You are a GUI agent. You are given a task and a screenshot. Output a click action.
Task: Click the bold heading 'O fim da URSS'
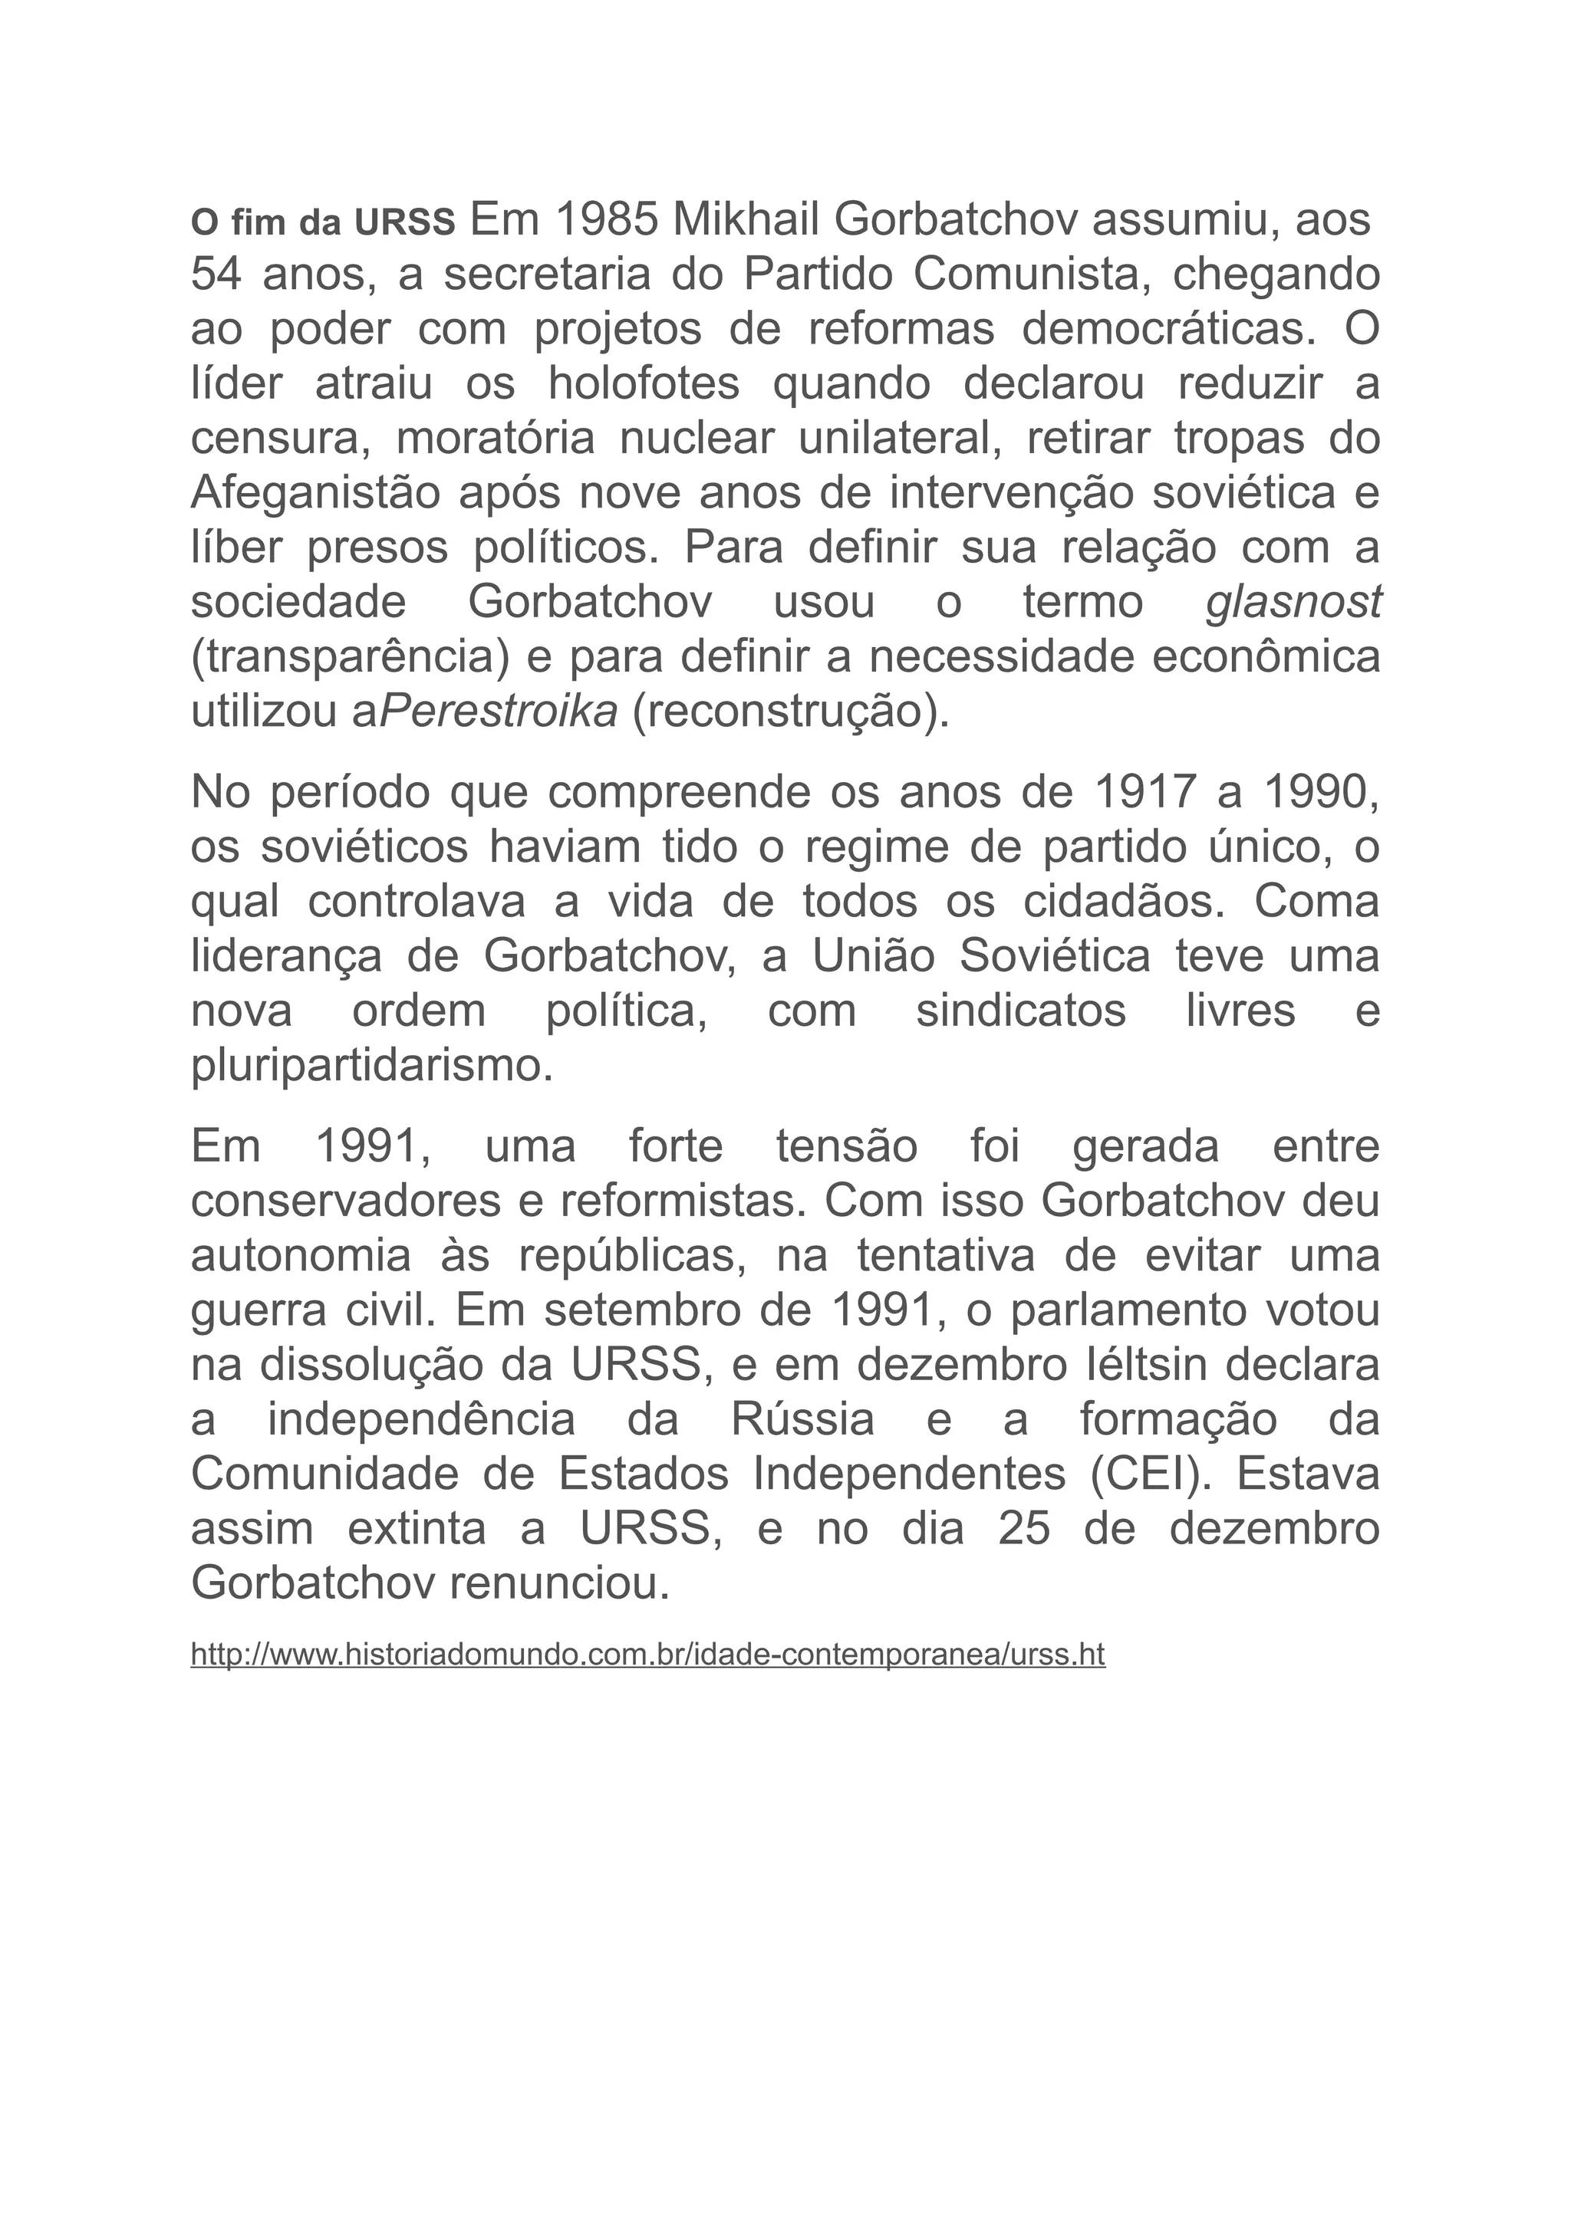322,224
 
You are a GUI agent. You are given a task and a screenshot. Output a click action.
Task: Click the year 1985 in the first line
607,221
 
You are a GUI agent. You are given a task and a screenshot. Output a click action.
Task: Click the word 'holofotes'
644,384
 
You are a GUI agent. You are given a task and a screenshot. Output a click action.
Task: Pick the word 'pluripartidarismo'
372,1066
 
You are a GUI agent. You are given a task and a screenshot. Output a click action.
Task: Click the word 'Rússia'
802,1420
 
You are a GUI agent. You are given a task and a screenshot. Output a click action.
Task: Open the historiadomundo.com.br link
647,1654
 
